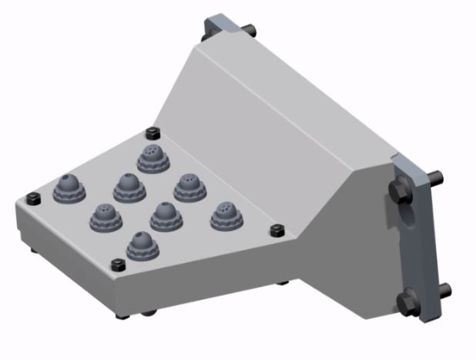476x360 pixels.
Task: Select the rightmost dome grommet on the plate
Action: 226,215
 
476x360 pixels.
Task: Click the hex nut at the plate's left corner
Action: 32,198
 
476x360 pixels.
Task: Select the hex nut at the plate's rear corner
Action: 152,131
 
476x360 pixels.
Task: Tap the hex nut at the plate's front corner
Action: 119,265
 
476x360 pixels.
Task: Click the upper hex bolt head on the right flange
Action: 401,190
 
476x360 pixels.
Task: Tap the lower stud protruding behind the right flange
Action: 444,290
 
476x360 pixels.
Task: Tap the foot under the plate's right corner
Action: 283,282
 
